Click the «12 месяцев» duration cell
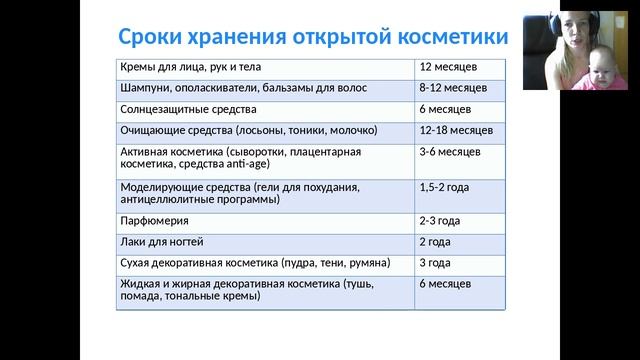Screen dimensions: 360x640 click(x=449, y=66)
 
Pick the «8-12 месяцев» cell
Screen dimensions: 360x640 click(x=453, y=88)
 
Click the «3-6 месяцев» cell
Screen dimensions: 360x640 click(x=450, y=151)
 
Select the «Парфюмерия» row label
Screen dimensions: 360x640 click(x=154, y=220)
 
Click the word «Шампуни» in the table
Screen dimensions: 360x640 click(x=146, y=88)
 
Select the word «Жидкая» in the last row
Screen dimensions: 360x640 click(x=140, y=284)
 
